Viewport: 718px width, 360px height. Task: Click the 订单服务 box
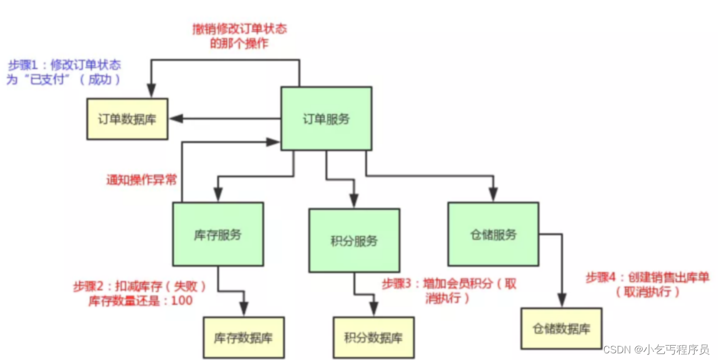click(326, 118)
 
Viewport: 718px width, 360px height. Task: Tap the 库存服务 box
click(218, 234)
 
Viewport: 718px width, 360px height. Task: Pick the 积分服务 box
click(354, 241)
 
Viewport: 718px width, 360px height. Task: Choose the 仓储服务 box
click(493, 234)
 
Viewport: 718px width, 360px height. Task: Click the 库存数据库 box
click(244, 337)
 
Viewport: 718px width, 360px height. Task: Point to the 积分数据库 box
click(373, 337)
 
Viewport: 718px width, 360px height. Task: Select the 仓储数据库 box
click(561, 328)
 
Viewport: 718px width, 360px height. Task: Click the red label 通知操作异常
click(141, 180)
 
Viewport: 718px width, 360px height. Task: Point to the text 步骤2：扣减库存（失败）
click(139, 287)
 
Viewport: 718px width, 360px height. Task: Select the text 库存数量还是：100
click(140, 301)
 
